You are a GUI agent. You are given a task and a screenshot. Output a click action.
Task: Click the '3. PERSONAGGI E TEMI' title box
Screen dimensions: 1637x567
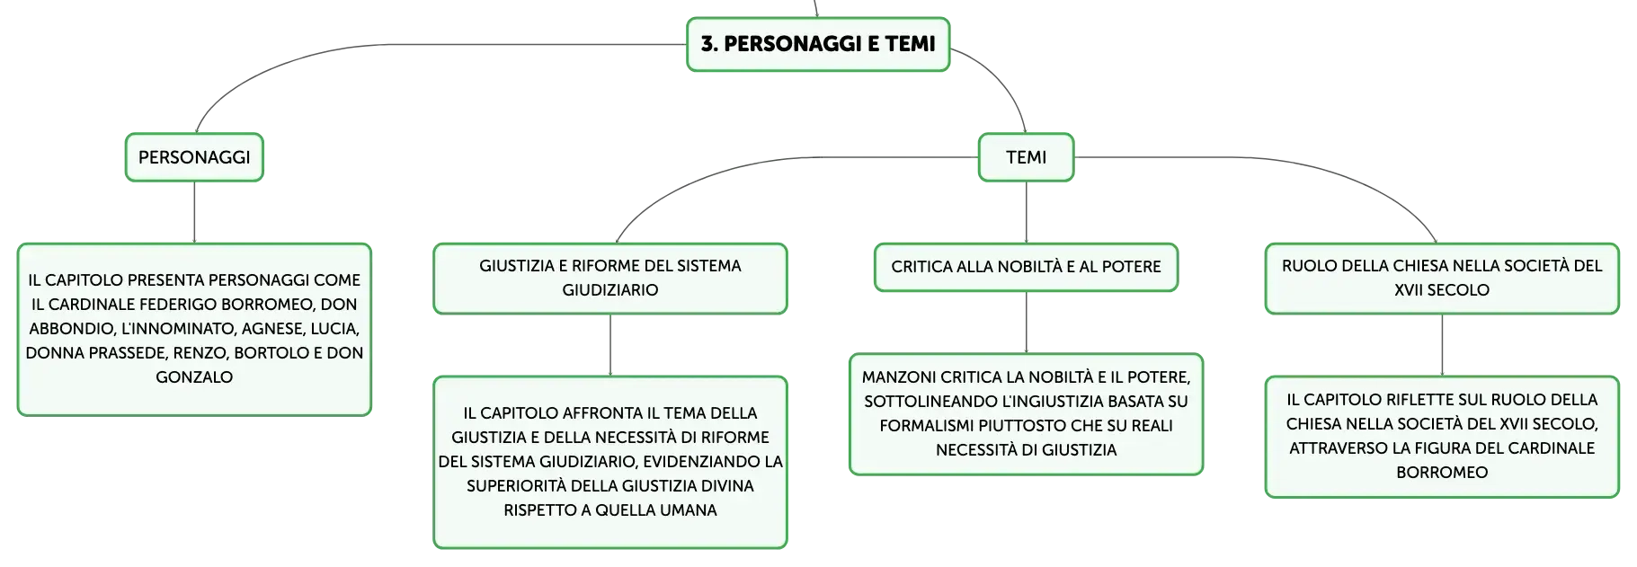click(818, 44)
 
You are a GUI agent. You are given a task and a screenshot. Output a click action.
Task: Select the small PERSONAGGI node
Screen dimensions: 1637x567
click(194, 157)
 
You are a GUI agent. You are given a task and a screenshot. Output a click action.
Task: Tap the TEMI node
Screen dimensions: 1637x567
click(1026, 157)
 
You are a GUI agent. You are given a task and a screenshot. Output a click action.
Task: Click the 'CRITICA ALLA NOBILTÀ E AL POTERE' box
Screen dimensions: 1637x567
click(1026, 267)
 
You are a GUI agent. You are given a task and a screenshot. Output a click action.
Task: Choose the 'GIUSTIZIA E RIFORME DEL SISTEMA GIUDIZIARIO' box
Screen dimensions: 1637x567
click(610, 279)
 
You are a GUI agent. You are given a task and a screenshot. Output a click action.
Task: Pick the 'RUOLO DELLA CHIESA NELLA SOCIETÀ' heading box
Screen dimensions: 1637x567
click(1442, 279)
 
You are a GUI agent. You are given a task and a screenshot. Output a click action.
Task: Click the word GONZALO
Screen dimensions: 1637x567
click(194, 377)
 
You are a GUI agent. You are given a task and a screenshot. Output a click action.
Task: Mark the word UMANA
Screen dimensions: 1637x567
click(688, 510)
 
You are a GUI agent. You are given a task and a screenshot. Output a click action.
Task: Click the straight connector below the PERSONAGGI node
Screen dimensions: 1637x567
click(194, 212)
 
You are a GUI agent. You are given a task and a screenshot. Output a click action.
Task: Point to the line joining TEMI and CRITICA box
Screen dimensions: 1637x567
click(1026, 212)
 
